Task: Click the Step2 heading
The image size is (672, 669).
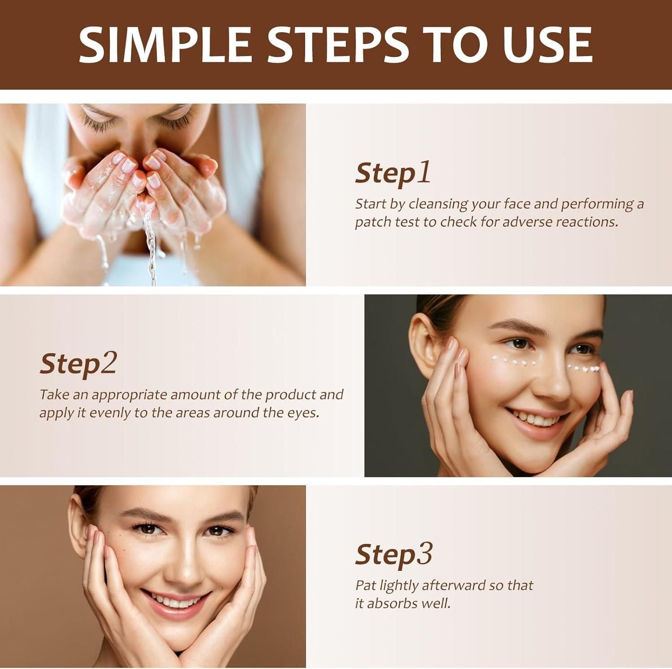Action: point(78,364)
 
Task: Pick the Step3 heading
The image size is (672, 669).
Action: point(393,555)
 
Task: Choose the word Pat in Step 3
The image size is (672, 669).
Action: point(366,585)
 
